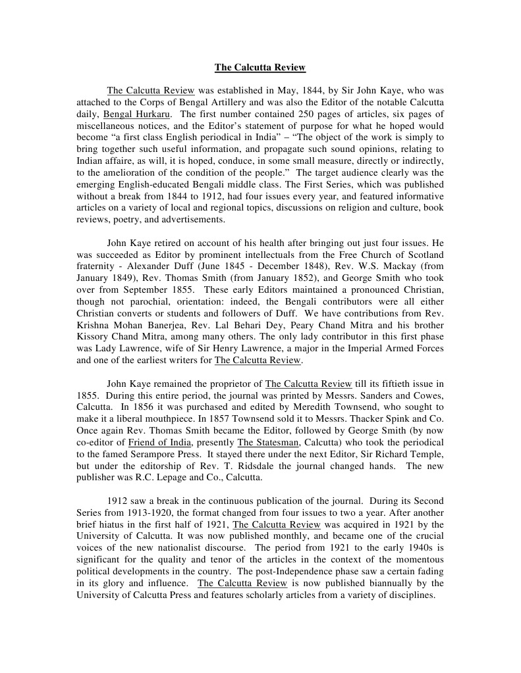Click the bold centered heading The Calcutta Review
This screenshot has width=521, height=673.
tap(260, 67)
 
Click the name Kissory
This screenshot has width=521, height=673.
tap(96, 337)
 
